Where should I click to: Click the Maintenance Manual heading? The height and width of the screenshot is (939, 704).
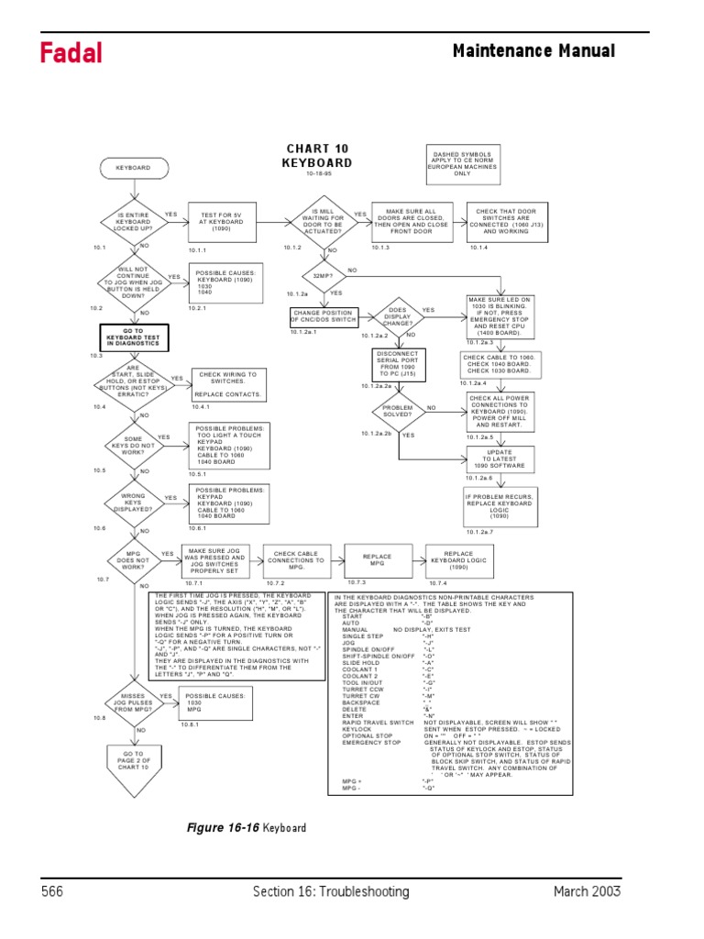pos(533,51)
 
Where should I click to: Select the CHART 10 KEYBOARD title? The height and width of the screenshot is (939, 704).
pos(317,156)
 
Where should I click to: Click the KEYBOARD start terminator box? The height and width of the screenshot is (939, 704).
pos(133,169)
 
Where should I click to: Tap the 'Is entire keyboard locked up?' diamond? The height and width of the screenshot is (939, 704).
pos(133,222)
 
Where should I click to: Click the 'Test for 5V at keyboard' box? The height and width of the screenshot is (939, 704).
pos(220,222)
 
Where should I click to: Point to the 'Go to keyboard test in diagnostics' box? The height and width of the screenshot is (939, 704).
pos(133,337)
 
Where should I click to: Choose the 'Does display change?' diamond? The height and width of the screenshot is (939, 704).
pos(397,317)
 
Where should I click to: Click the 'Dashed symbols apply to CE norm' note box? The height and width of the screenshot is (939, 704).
pos(462,163)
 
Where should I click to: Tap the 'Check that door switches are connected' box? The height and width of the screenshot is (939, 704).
pos(507,222)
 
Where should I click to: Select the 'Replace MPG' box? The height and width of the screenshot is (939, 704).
pos(377,558)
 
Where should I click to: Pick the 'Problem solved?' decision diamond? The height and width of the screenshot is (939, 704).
pos(398,411)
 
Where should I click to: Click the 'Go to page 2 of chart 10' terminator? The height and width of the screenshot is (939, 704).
pos(133,760)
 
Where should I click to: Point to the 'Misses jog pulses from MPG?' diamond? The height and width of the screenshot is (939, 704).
pos(133,702)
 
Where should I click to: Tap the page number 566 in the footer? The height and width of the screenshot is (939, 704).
pos(54,891)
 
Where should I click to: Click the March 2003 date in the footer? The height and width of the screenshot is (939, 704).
pos(587,891)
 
